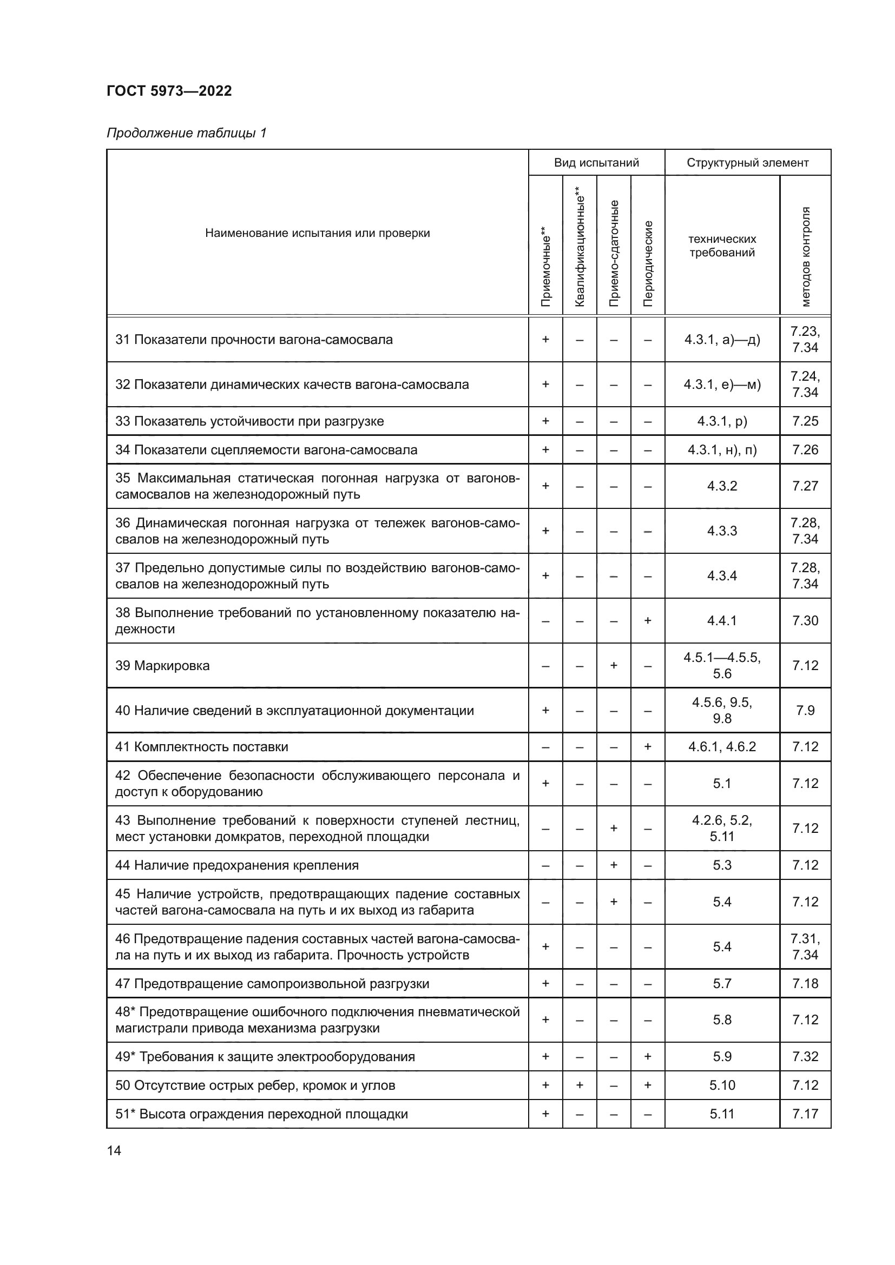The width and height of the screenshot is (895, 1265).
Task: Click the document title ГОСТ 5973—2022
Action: [169, 91]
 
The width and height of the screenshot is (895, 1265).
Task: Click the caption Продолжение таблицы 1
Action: [186, 133]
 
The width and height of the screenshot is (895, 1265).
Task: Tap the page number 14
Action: [114, 1150]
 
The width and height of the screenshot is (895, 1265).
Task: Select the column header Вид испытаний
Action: [596, 163]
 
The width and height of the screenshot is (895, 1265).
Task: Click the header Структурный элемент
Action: [747, 163]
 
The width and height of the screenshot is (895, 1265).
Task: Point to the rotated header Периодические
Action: [648, 263]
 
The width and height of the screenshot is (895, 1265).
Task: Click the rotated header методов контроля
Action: [806, 256]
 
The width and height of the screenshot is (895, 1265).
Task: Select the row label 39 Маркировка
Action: [162, 666]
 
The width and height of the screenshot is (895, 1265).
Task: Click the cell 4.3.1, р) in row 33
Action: [722, 421]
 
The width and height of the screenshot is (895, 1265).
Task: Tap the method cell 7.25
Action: [805, 421]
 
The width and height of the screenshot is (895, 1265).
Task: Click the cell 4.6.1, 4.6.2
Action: [722, 747]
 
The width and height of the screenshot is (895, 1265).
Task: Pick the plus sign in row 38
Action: [648, 621]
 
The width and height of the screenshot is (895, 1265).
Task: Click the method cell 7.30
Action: [805, 621]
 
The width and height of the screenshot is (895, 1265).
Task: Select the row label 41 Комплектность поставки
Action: [202, 747]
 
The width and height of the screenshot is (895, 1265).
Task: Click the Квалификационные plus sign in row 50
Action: [580, 1085]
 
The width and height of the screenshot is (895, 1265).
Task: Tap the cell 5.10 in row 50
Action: [722, 1085]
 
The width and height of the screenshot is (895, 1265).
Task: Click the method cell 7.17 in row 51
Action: [805, 1114]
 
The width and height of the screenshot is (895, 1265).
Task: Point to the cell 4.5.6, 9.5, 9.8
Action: [722, 711]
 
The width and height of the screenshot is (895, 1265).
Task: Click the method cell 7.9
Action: [805, 711]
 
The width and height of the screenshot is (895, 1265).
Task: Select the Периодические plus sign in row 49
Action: [648, 1057]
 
